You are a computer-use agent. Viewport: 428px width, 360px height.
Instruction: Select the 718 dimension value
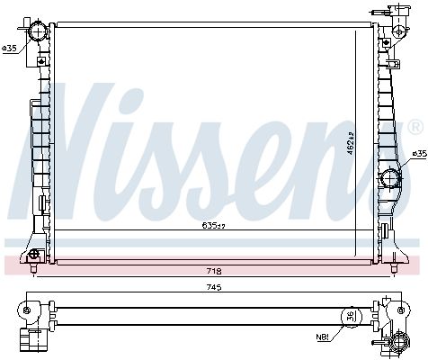click(213, 270)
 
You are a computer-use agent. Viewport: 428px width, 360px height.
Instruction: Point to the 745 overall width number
click(213, 287)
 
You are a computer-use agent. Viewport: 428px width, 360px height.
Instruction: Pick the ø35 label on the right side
click(416, 154)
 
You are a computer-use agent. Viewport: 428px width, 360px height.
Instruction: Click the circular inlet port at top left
click(37, 32)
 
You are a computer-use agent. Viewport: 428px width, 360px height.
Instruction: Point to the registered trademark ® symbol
click(416, 124)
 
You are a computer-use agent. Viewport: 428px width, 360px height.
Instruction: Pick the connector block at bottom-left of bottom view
click(36, 340)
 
